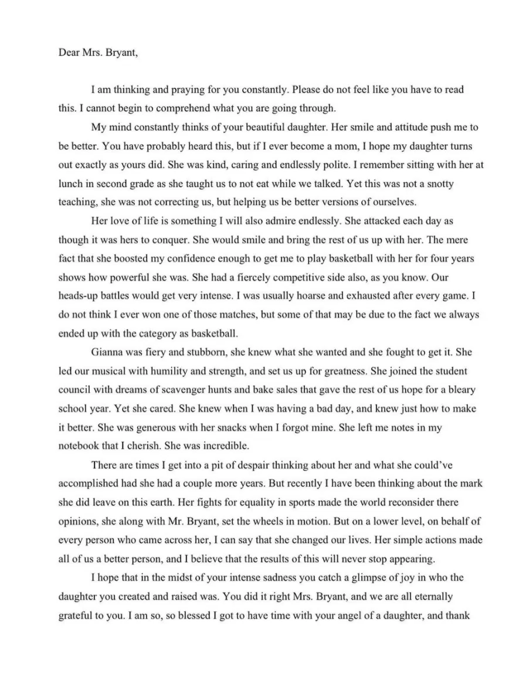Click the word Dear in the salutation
(69, 52)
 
